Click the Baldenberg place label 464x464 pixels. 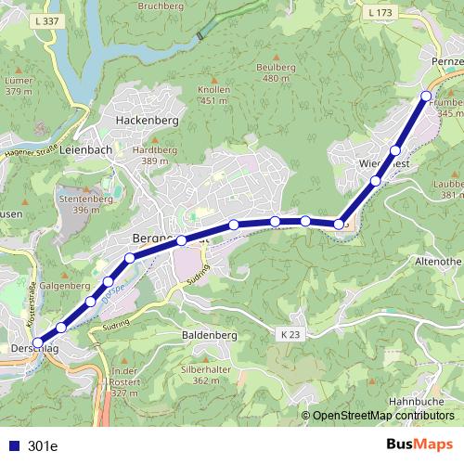212,334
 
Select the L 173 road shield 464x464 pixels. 380,12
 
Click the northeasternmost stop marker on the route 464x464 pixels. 426,96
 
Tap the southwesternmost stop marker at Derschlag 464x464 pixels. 38,342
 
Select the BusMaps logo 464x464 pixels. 421,445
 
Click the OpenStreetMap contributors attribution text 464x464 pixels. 382,416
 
